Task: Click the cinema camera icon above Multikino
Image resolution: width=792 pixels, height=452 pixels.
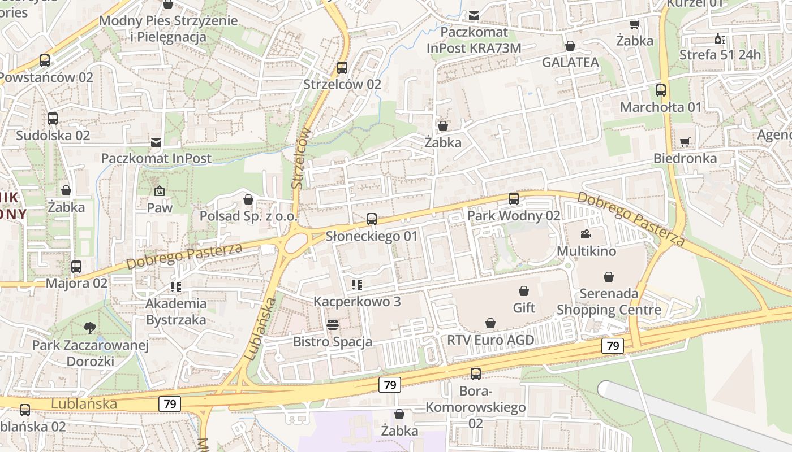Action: click(586, 234)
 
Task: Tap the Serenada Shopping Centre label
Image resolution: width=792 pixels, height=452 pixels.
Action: click(609, 302)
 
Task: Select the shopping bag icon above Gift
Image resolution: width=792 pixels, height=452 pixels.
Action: click(524, 291)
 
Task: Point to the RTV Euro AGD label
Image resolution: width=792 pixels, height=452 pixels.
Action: click(490, 340)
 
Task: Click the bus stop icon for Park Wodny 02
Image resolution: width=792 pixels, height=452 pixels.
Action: click(514, 199)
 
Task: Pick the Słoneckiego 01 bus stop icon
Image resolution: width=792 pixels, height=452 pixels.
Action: click(372, 219)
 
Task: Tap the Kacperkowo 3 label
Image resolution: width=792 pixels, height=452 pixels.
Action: click(357, 302)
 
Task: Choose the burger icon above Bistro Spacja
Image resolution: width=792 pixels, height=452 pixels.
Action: click(333, 325)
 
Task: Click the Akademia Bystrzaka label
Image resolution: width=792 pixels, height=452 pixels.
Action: click(176, 312)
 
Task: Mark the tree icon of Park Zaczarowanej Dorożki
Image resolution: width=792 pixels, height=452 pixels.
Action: click(89, 328)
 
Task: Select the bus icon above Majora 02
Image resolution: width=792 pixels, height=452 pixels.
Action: click(76, 266)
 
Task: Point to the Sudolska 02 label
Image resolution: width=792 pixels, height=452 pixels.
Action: click(53, 136)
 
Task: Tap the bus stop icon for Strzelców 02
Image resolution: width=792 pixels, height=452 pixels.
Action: click(342, 68)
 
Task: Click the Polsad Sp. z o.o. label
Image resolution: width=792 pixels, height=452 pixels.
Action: click(248, 216)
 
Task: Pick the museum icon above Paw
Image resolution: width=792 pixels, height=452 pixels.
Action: click(159, 191)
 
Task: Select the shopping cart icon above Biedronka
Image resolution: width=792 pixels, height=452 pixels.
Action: click(685, 142)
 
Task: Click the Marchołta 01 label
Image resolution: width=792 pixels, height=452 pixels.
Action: click(661, 107)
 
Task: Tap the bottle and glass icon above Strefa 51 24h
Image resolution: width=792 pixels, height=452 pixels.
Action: click(720, 39)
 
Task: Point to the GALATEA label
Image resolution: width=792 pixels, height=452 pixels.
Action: click(570, 63)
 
